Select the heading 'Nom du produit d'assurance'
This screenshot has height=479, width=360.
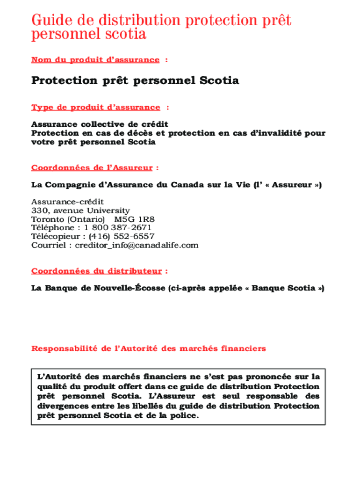(x=95, y=59)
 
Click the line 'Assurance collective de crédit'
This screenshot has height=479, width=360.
(x=100, y=124)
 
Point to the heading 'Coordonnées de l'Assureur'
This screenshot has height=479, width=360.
(x=92, y=167)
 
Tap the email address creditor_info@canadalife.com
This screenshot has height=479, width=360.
(x=137, y=245)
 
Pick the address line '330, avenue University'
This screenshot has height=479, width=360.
(x=80, y=210)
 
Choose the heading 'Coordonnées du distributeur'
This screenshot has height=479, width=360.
(x=97, y=271)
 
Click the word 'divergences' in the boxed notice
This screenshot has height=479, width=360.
(x=65, y=406)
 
